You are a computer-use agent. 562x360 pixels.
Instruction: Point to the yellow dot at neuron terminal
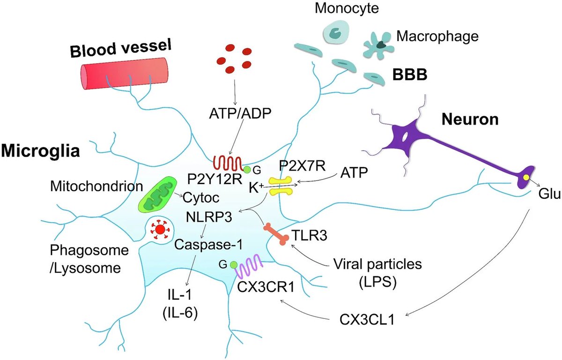(527, 178)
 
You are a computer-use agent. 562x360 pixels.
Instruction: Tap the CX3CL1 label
(367, 322)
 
